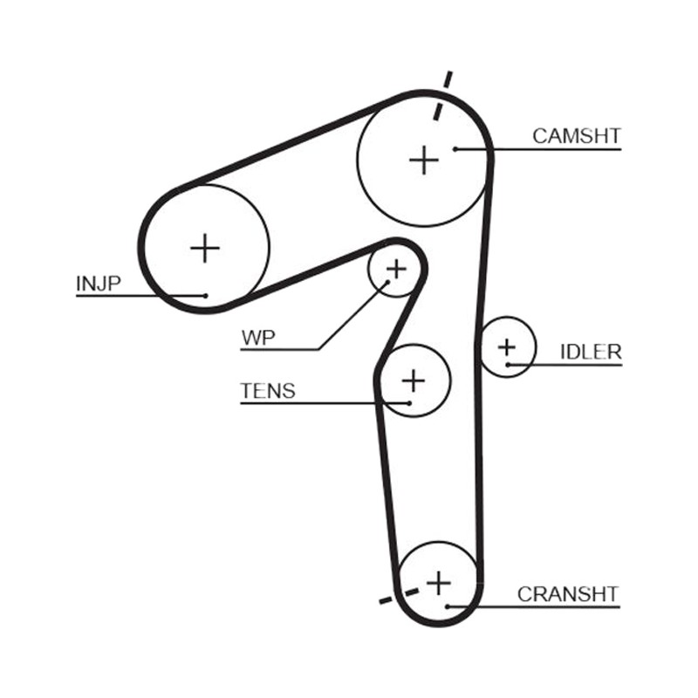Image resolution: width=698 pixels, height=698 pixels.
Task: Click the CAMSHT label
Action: click(x=577, y=136)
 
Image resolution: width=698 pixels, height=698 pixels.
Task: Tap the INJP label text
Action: click(x=99, y=283)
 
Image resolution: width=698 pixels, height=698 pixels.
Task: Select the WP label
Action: click(x=258, y=338)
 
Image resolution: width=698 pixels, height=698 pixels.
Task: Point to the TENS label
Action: click(x=268, y=391)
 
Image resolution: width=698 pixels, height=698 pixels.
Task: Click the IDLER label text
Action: click(x=591, y=352)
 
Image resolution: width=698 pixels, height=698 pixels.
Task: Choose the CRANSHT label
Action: click(x=568, y=594)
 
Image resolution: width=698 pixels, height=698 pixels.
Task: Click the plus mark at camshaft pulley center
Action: click(x=424, y=160)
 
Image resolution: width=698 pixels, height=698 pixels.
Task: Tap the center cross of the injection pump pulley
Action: click(x=205, y=248)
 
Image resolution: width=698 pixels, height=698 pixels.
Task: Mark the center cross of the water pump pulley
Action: click(x=396, y=269)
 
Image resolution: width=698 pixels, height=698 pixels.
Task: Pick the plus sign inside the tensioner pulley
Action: click(x=414, y=381)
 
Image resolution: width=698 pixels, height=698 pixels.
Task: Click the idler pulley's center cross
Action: click(x=507, y=347)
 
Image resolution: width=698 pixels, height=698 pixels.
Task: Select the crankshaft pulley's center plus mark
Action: click(x=439, y=583)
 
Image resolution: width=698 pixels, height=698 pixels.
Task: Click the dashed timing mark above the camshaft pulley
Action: click(x=442, y=95)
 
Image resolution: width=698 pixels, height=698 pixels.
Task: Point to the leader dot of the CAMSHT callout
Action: click(x=455, y=149)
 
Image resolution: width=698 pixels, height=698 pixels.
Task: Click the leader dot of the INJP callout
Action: click(x=205, y=296)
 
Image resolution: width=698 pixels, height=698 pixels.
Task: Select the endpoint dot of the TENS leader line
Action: click(x=409, y=403)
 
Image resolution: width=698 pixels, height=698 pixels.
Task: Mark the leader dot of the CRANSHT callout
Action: click(x=448, y=606)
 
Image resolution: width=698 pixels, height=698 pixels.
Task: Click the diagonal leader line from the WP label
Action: click(x=353, y=316)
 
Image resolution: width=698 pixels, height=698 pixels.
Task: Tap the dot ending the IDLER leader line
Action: click(x=508, y=365)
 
